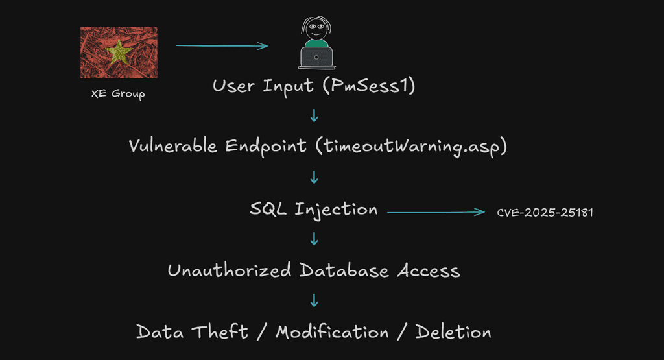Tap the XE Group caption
click(x=118, y=94)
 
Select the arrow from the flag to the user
click(x=222, y=45)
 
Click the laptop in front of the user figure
click(x=316, y=57)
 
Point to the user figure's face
click(x=315, y=29)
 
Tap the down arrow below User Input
click(x=314, y=116)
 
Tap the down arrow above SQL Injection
click(x=314, y=177)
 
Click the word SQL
click(x=269, y=209)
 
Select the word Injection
click(x=336, y=209)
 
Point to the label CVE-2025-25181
click(x=545, y=212)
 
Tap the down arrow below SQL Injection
click(x=314, y=239)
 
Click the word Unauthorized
click(x=229, y=270)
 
